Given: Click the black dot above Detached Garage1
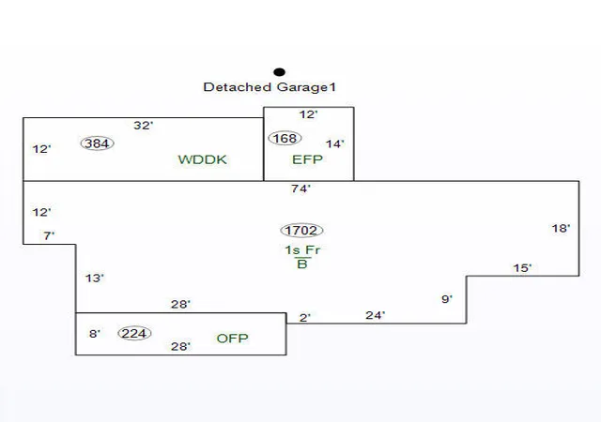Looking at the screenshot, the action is coord(280,72).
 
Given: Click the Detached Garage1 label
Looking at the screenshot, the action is coord(270,87).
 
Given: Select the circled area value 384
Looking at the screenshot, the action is coord(98,143).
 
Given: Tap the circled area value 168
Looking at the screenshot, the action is coord(285,138).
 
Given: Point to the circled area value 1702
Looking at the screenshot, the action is coord(301,230).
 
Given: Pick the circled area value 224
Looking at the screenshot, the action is coord(134,333).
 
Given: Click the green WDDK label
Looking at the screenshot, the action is coord(203,159).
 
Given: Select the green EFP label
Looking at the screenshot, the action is coord(307,159).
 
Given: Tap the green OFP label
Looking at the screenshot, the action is coord(232,339).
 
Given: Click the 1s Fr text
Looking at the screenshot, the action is coord(302,250).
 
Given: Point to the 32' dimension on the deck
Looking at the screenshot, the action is coord(144,126).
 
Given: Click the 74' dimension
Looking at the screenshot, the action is coord(300,188).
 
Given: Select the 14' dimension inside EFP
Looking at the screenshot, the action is coord(335,144).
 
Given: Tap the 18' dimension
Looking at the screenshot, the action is coord(561,228).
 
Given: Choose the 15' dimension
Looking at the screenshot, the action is coord(522,267).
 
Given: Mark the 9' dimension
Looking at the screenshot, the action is coord(447,299).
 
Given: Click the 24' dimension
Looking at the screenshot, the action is coord(376,315).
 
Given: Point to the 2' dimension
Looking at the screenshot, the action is coord(305,318).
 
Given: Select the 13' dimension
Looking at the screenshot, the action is coord(95,278).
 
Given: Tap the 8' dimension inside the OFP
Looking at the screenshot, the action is coord(95,334).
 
